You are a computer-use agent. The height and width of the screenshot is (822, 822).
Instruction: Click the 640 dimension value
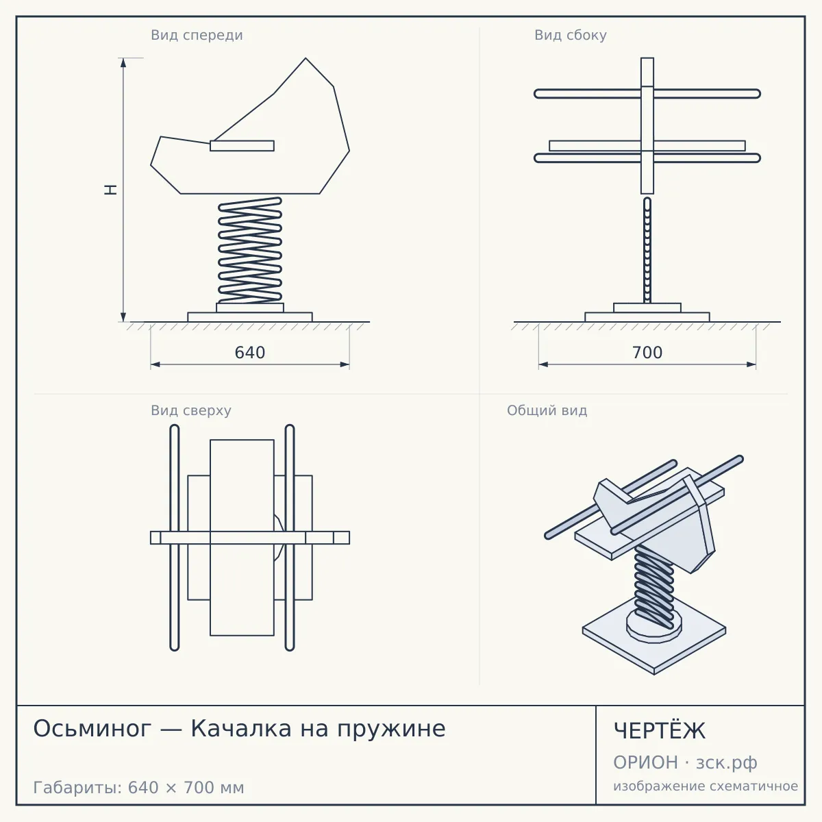(x=249, y=353)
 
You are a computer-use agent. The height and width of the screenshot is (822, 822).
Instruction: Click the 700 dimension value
(x=647, y=353)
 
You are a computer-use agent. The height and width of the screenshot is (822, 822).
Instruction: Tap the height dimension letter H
(x=111, y=190)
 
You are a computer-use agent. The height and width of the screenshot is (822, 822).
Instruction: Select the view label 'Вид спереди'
(x=197, y=36)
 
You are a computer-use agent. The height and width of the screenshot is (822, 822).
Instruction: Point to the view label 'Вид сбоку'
(x=571, y=36)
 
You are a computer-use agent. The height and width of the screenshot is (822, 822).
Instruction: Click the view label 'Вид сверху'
(x=190, y=410)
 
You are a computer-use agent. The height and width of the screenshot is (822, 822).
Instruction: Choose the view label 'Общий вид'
(x=547, y=410)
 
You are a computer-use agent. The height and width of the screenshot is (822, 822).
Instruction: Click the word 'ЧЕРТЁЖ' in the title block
(x=659, y=731)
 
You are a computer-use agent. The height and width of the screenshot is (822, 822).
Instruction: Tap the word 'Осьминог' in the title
(x=92, y=729)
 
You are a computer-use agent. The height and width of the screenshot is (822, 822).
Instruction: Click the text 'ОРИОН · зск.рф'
(x=685, y=762)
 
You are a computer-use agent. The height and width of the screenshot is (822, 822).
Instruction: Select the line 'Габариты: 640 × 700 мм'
(x=138, y=788)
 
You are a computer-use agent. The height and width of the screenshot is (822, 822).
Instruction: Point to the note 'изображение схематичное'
(x=706, y=786)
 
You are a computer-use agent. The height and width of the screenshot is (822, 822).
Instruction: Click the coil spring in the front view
(x=250, y=250)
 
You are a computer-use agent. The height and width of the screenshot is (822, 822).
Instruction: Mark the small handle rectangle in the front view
(x=242, y=146)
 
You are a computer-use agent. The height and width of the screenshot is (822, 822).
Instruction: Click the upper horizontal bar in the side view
(x=647, y=93)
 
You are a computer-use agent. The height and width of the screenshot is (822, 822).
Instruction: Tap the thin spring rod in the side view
(x=647, y=250)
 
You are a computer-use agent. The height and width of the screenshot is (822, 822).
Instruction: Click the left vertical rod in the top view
(x=175, y=538)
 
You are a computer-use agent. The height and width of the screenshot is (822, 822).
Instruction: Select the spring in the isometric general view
(x=653, y=588)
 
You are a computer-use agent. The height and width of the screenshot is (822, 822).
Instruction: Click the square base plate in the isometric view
(x=654, y=640)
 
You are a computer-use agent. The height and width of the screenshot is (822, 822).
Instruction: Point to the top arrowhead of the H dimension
(x=123, y=63)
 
